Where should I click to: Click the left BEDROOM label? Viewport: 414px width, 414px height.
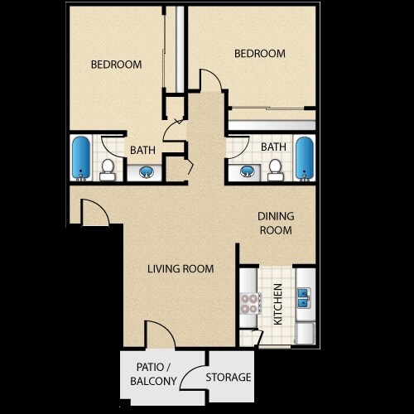pos(116,64)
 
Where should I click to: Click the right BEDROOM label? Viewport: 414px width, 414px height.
pos(259,54)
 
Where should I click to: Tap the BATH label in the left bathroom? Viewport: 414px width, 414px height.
pos(142,150)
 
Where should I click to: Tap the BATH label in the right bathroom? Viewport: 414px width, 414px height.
pos(273,147)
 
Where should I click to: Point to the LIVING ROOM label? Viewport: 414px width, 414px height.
pos(181,268)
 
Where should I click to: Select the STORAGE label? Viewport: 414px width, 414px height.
pos(229,377)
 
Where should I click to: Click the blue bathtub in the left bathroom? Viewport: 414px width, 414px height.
pos(80,157)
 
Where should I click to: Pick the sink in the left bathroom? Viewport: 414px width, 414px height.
pos(146,172)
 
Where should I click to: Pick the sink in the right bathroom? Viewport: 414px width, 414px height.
pos(246,171)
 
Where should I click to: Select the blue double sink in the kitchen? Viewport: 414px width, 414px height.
pos(304,293)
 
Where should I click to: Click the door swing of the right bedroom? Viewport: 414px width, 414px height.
pos(210,79)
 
